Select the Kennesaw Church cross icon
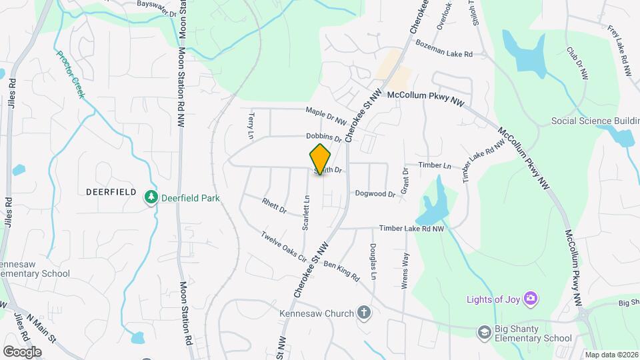(364, 311)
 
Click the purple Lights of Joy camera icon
(531, 297)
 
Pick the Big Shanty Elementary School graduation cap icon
(484, 331)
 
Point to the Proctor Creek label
(71, 75)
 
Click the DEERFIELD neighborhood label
(112, 191)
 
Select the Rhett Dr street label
(274, 206)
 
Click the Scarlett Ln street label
(306, 212)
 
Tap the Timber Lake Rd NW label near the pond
(411, 228)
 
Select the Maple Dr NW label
(326, 117)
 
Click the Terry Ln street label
(251, 121)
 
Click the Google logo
(22, 351)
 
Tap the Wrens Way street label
(404, 269)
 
